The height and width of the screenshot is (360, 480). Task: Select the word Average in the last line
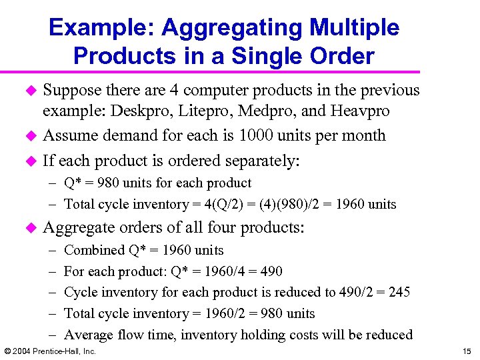pos(89,335)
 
